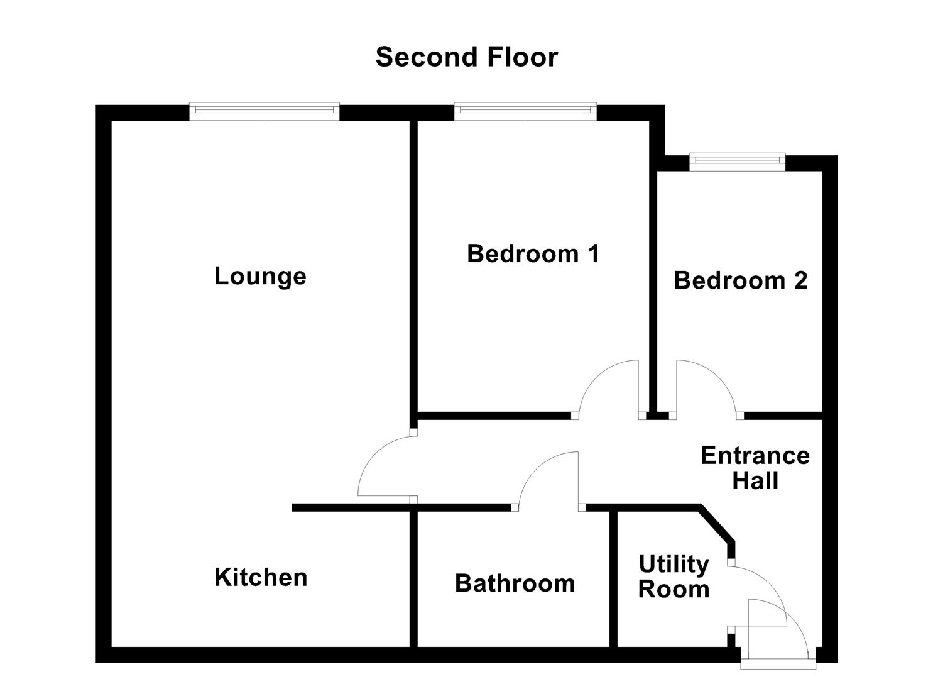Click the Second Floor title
click(466, 57)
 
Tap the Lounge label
click(260, 276)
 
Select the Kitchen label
click(261, 577)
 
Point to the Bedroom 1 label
click(533, 254)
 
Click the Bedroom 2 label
click(740, 280)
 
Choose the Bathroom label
click(515, 583)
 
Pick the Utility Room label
click(674, 577)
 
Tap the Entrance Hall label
click(755, 468)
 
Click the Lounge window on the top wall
click(265, 111)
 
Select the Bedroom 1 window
click(525, 111)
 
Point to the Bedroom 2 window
click(738, 162)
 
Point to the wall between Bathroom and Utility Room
click(613, 578)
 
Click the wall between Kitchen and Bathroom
click(413, 578)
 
